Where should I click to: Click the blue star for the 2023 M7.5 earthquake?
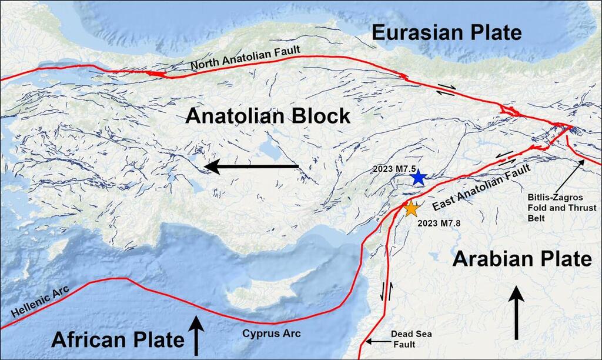418,178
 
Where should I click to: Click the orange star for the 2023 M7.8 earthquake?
412,209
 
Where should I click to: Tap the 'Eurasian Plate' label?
446,33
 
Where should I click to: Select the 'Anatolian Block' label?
267,116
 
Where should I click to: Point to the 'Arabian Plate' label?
522,259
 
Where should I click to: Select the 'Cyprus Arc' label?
271,334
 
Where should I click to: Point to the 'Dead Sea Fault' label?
411,338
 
